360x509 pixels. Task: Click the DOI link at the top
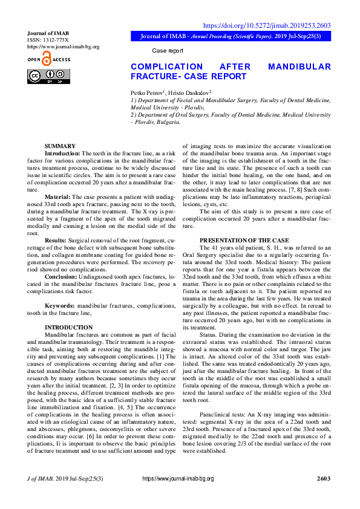click(x=266, y=25)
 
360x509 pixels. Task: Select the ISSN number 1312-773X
click(x=52, y=39)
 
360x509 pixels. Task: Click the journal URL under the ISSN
click(x=64, y=47)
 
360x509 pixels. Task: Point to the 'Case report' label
click(x=168, y=51)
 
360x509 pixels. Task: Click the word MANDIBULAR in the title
click(x=299, y=66)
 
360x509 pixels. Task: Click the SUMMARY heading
click(x=60, y=146)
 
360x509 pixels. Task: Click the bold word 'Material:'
click(x=57, y=197)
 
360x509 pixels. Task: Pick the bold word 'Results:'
click(x=56, y=240)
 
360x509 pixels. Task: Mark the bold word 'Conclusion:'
click(x=61, y=276)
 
